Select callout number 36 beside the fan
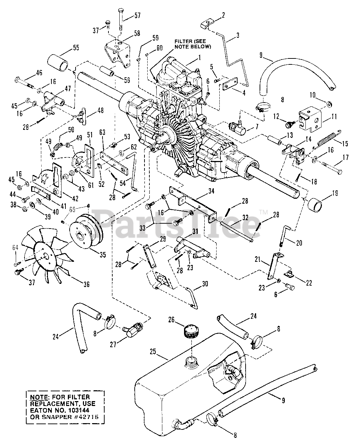86,284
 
